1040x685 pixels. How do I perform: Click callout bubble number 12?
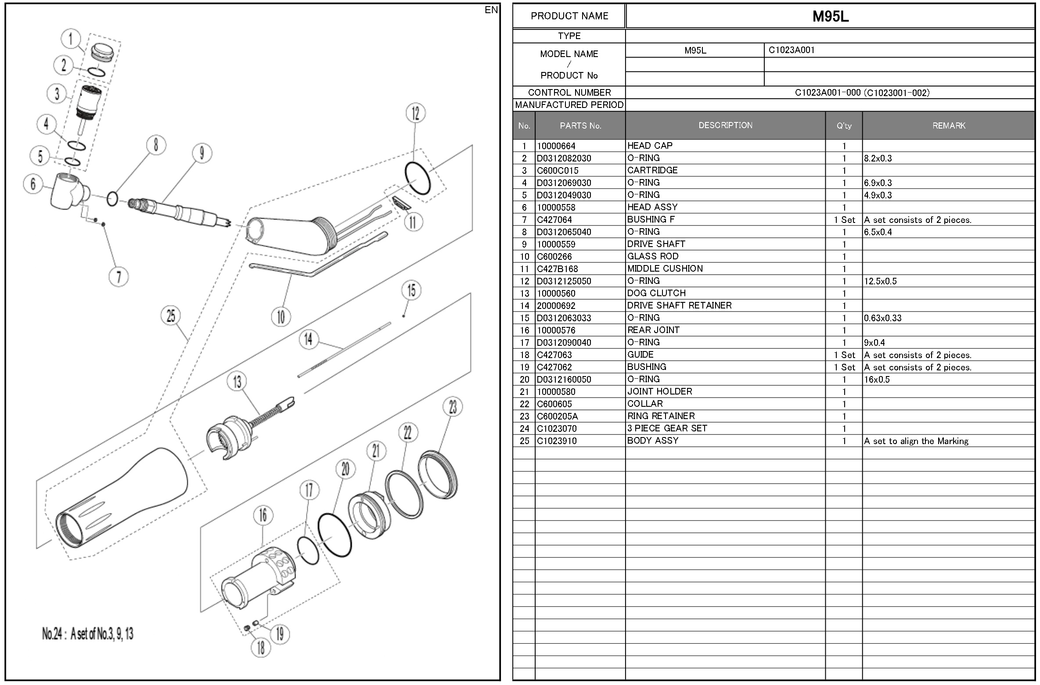tap(415, 114)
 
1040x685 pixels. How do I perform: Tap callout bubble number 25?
tap(171, 316)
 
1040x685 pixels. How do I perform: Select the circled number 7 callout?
tap(119, 277)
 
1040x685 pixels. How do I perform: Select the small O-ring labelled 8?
tap(112, 199)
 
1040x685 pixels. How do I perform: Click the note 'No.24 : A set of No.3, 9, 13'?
tap(88, 634)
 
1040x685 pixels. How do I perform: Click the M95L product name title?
tap(830, 17)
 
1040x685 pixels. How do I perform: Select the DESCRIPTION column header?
tap(725, 126)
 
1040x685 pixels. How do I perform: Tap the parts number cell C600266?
tap(554, 256)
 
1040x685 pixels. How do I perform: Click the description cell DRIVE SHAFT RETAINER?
tap(679, 305)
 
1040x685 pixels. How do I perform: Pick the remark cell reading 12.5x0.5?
tap(880, 281)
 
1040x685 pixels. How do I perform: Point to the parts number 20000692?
tap(556, 305)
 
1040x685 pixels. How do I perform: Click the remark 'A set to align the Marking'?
tap(916, 441)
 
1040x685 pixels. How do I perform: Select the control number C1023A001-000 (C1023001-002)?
tap(862, 93)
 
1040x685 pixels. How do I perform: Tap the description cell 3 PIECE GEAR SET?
tap(667, 428)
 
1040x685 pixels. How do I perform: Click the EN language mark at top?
tap(491, 10)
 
